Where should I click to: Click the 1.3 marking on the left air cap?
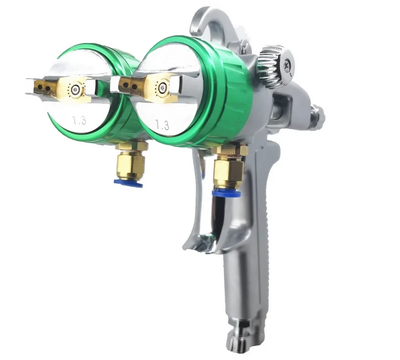79,120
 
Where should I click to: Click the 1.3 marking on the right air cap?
162,125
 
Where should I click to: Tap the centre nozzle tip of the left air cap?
75,89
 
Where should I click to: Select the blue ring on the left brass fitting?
128,183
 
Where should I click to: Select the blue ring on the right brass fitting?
226,193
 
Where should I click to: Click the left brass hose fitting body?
131,165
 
